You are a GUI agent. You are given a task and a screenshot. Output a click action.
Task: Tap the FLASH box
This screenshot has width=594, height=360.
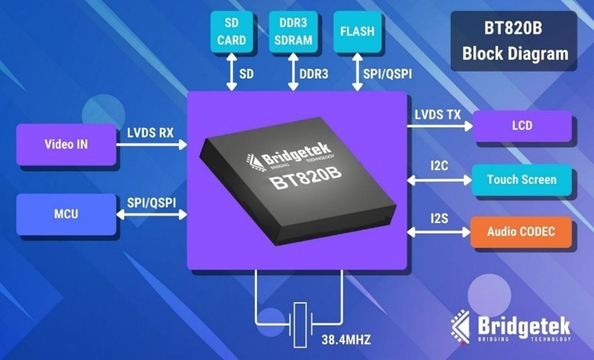357,32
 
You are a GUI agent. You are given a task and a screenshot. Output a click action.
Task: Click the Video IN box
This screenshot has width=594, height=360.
66,145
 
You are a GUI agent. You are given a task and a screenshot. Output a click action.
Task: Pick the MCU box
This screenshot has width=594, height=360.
66,214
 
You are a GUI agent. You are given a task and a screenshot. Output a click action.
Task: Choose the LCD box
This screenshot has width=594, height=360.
522,126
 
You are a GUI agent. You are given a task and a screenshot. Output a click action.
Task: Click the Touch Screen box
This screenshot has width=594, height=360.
522,180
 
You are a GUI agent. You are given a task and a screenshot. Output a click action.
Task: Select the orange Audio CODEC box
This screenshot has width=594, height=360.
522,231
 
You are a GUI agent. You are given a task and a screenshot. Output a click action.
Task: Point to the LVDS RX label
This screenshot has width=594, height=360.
150,132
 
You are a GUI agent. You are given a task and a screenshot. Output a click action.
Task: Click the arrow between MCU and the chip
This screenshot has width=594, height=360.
152,215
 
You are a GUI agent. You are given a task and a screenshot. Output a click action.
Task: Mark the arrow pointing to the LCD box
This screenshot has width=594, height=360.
440,126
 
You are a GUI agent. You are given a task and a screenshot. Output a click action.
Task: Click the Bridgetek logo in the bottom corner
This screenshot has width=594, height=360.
512,325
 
